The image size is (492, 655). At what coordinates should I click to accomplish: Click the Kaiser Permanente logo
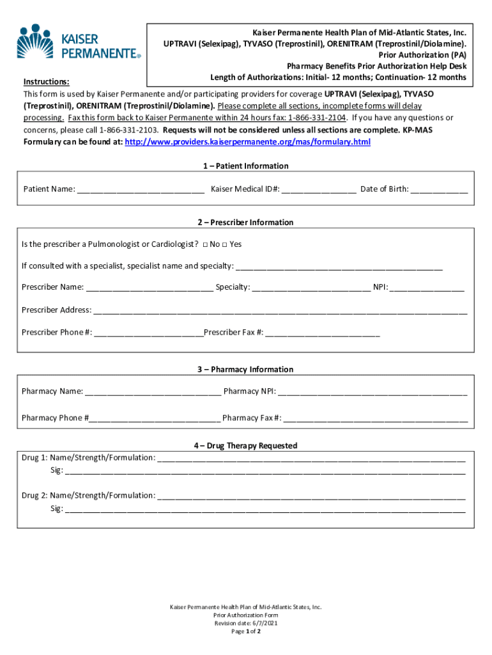(78, 42)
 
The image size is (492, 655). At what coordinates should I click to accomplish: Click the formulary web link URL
(248, 141)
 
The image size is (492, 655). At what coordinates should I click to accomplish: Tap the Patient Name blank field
(141, 190)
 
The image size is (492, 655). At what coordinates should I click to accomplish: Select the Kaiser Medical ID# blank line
(319, 190)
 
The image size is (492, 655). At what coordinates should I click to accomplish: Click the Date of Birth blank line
(439, 190)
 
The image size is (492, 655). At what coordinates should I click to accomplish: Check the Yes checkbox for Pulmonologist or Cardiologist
(225, 244)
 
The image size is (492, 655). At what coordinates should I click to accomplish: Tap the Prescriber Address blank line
(280, 311)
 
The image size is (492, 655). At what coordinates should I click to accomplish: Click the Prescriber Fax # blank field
(323, 333)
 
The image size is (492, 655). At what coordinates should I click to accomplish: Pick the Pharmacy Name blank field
(153, 392)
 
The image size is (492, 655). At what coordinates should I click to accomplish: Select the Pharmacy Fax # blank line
(376, 419)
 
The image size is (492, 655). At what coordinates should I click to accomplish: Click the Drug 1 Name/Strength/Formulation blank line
(311, 459)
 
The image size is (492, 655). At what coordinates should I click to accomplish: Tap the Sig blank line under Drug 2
(265, 510)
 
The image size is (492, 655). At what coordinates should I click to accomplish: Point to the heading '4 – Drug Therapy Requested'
(246, 446)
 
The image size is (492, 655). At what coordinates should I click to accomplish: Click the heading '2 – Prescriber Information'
(246, 223)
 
